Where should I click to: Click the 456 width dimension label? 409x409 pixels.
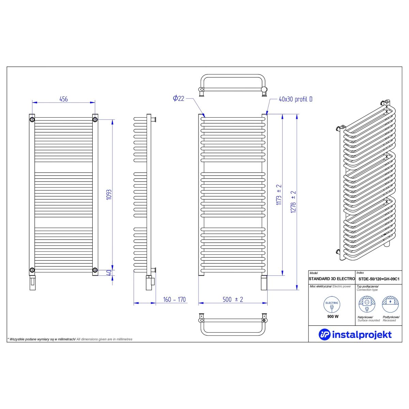click(63, 99)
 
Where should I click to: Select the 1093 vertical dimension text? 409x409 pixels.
click(109, 194)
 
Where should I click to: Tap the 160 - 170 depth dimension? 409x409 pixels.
click(174, 300)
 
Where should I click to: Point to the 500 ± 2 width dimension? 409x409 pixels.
click(233, 300)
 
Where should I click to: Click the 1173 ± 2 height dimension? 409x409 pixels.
click(279, 195)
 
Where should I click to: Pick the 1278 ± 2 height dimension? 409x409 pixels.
click(293, 202)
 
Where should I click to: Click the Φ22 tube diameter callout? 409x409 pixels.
click(179, 98)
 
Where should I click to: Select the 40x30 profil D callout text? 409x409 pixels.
click(296, 99)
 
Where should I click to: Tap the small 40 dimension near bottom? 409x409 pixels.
click(109, 273)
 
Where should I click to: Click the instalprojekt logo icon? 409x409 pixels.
click(324, 334)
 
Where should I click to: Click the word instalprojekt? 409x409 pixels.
click(362, 335)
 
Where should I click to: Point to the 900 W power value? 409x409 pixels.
click(333, 316)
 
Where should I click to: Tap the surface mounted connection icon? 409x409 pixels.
click(367, 305)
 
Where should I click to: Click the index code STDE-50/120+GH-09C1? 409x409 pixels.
click(379, 279)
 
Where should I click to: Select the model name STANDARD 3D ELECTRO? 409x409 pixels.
click(332, 279)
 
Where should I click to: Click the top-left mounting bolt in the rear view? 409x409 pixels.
click(32, 120)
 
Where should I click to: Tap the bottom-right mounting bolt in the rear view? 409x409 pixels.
click(95, 270)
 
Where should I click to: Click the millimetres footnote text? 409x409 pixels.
click(70, 339)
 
